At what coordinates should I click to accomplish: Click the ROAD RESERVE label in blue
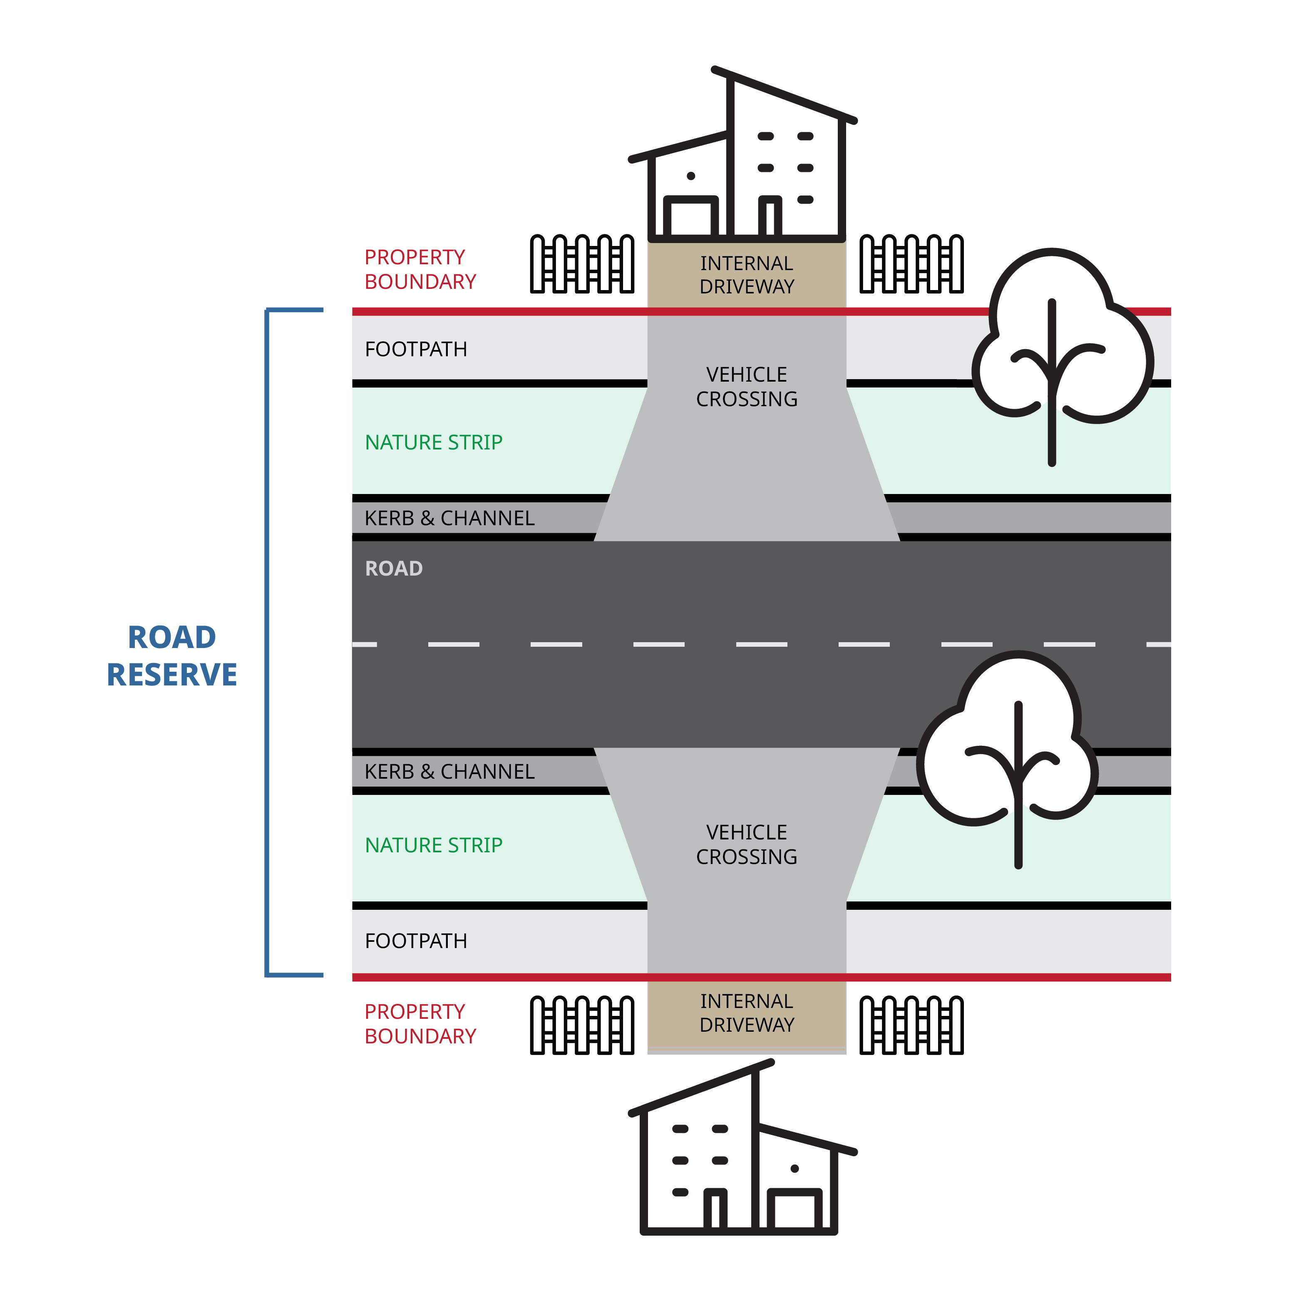coord(172,655)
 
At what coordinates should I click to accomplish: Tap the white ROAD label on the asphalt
coord(394,569)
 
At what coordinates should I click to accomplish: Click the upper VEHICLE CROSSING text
coord(746,387)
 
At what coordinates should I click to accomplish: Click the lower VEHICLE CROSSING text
coord(746,844)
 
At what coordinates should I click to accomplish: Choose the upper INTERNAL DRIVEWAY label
coord(746,275)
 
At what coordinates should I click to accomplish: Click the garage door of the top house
coord(690,217)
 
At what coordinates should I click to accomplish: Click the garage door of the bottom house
coord(795,1210)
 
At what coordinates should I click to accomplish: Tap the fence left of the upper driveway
coord(582,264)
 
